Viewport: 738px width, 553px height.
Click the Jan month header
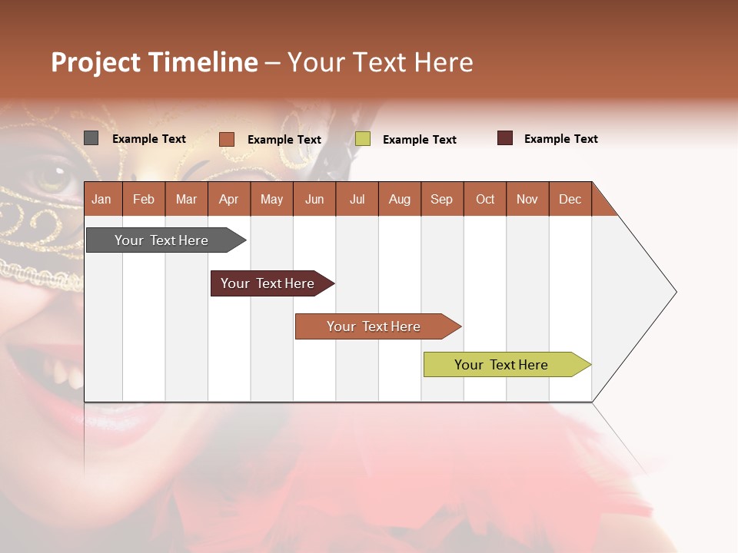click(x=102, y=199)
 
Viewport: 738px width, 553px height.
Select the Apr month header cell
click(x=229, y=199)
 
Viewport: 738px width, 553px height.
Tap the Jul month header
click(x=357, y=199)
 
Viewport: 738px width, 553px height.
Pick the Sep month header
click(x=442, y=199)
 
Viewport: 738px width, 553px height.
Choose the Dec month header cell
click(x=570, y=199)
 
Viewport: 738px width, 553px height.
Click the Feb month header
click(x=144, y=199)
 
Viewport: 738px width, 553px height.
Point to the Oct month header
click(x=485, y=199)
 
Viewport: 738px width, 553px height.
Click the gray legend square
click(x=91, y=138)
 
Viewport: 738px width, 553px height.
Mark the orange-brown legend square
click(x=226, y=139)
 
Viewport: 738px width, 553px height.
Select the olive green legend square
click(x=363, y=139)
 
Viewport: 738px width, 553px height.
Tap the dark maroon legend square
click(x=504, y=138)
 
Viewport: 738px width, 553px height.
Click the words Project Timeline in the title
click(x=155, y=62)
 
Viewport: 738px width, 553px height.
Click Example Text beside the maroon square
click(x=560, y=139)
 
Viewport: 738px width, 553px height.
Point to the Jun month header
click(x=314, y=199)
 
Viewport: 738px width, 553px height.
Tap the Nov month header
click(x=527, y=199)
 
